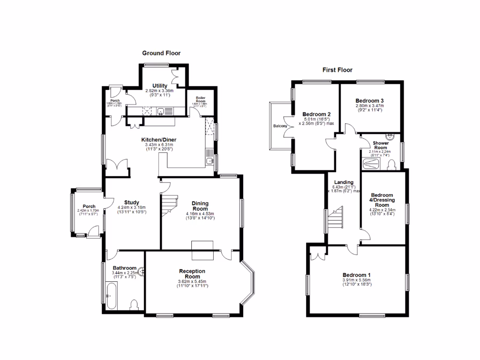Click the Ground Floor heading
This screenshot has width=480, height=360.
coord(161,53)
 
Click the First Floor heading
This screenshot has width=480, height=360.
coord(337,70)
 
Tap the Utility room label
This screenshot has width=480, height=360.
coord(153,85)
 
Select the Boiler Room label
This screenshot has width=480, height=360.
coord(200,99)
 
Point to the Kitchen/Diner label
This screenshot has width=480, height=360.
coord(159,140)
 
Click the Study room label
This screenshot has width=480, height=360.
coord(132,202)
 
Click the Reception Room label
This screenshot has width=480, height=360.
coord(192,274)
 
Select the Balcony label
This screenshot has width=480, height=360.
coord(280,126)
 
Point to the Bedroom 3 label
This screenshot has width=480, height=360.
coord(369,101)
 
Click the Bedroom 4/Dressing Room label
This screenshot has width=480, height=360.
coord(382,200)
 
